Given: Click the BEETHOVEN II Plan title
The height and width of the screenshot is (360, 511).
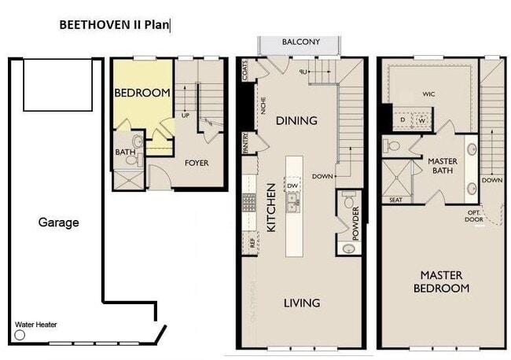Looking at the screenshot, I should pos(114,25).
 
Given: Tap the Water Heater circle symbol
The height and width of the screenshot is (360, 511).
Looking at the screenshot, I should pos(20,335).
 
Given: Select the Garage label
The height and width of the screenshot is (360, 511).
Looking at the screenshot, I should pos(59,222).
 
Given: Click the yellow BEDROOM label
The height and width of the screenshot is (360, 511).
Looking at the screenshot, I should pos(142,93).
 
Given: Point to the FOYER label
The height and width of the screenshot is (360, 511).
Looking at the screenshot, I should pos(197,163).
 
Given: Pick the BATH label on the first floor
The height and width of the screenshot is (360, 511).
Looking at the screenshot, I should pos(125,152).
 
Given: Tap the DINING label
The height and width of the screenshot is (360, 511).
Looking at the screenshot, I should pos(296,121).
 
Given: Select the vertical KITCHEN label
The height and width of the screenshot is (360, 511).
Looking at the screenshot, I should pos(270,208).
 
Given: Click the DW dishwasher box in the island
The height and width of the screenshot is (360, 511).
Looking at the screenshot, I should pos(292,186).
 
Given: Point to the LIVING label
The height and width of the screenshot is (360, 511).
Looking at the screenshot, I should pos(302,303).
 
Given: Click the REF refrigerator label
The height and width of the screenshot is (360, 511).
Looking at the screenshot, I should pos(252,244).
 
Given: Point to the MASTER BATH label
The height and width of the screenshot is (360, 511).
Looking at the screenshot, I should pos(443,166).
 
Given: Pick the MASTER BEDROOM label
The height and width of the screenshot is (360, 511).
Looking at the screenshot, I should pos(441,281).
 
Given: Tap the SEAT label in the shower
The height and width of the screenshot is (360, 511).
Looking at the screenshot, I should pos(395,200).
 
